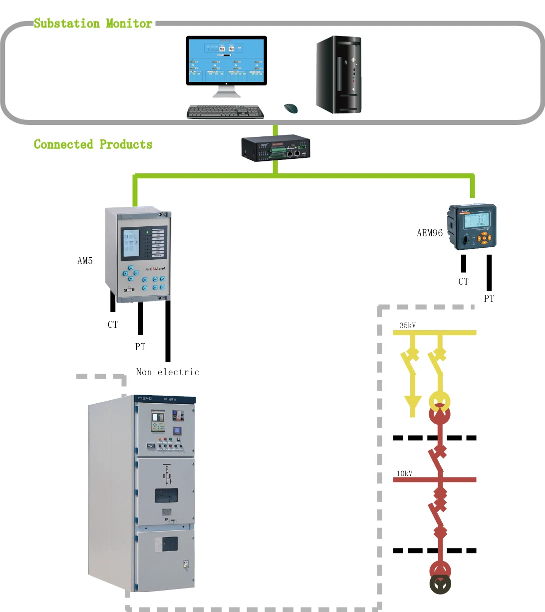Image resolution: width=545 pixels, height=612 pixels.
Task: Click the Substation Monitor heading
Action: (x=93, y=23)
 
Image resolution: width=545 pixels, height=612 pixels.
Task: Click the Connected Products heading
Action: (x=93, y=144)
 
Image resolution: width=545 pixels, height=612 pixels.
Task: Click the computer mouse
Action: (x=290, y=108)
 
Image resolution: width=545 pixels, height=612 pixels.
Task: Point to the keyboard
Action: (x=225, y=112)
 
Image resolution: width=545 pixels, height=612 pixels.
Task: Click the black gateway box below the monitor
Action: (x=275, y=148)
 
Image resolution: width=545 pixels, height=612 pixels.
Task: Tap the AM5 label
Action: (x=85, y=261)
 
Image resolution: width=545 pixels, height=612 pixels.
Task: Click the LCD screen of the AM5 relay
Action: (x=131, y=243)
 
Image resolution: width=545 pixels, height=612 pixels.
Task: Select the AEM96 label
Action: (x=430, y=233)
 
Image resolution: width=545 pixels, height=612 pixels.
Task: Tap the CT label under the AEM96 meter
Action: (x=464, y=282)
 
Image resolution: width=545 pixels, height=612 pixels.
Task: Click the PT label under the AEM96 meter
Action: (x=489, y=299)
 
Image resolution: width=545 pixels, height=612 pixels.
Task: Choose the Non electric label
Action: (x=168, y=372)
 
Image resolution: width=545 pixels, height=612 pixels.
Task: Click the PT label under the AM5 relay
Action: (x=140, y=347)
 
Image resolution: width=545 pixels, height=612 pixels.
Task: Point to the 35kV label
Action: (x=408, y=326)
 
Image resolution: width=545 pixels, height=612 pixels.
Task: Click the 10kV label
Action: (x=405, y=474)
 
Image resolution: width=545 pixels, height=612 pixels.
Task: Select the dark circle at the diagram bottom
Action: (x=440, y=584)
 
